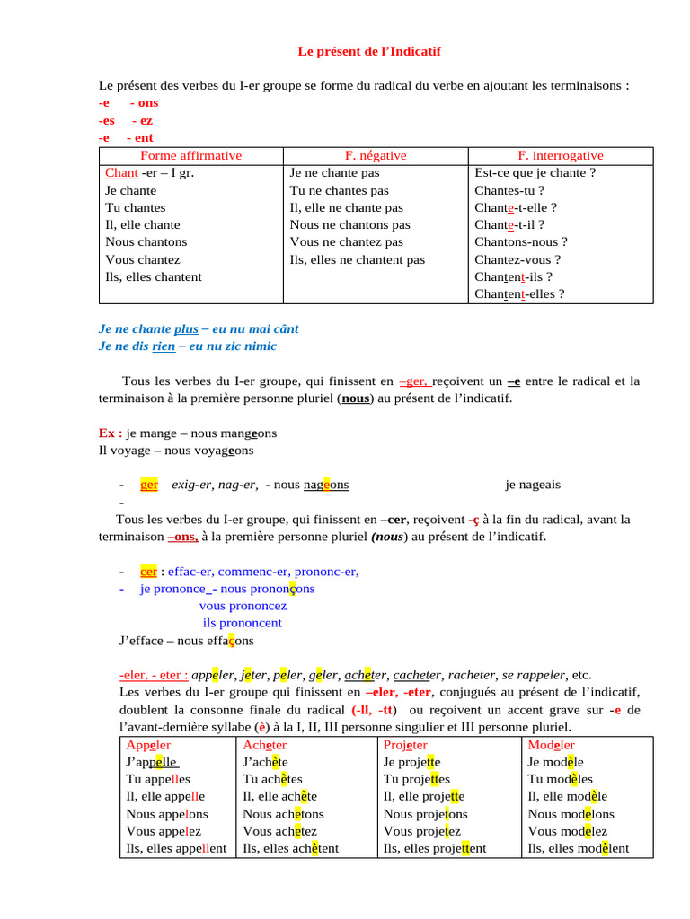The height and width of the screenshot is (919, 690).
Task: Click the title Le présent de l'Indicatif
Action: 369,52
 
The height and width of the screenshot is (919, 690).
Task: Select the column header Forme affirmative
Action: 191,155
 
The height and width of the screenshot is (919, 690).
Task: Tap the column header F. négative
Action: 376,155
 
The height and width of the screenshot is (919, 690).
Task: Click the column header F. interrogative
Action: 561,155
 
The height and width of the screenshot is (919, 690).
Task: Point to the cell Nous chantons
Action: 146,242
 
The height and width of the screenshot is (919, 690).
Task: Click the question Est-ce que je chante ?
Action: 535,173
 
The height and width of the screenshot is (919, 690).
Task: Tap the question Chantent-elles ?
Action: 519,293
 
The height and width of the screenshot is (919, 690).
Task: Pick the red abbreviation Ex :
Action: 110,433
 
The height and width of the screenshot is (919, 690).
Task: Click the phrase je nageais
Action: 533,485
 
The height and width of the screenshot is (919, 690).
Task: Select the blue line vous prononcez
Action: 243,606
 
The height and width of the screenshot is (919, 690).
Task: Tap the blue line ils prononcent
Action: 243,623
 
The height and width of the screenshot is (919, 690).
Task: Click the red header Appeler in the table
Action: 149,745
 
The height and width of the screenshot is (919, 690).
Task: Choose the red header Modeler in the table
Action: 552,745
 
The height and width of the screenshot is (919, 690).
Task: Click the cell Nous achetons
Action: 284,814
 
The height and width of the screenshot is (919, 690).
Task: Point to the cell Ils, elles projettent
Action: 435,848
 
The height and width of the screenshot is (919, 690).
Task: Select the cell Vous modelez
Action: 568,831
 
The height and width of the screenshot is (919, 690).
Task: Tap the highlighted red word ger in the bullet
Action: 149,485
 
